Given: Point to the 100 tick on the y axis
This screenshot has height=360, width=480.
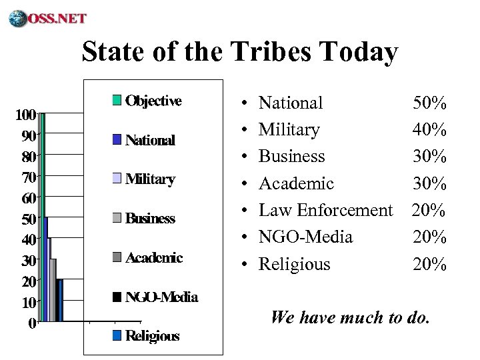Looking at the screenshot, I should [x=26, y=114].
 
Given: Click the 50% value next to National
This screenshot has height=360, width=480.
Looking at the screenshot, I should [x=429, y=103].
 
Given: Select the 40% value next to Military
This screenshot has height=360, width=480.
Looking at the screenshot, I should [x=429, y=129].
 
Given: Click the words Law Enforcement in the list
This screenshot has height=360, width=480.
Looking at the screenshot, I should [x=325, y=211].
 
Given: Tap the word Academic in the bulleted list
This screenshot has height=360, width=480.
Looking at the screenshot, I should [x=296, y=183].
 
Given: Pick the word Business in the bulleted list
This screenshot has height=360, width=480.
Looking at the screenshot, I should [x=291, y=156].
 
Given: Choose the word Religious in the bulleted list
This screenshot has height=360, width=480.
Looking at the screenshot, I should [x=294, y=265].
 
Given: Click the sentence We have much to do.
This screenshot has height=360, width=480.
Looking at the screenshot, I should [x=350, y=317].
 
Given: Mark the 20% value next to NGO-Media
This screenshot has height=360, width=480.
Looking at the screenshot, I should [x=429, y=237].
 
